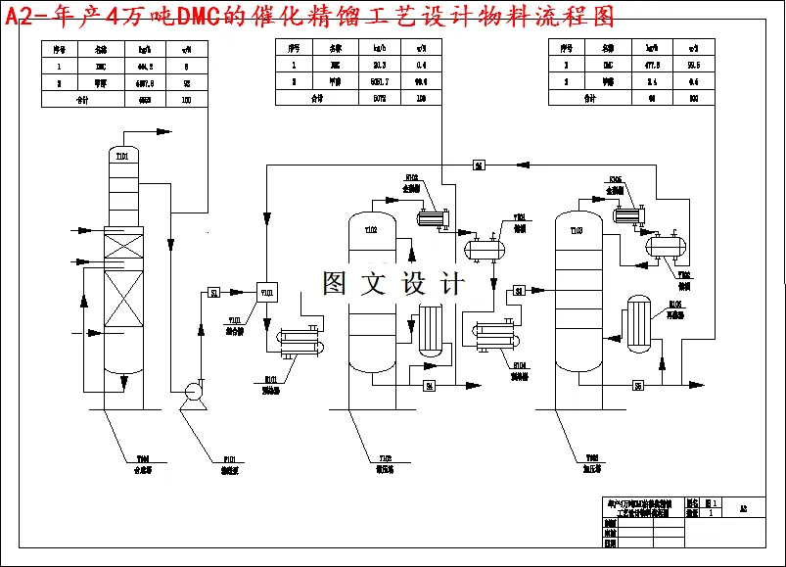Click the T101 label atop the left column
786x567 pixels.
(122, 155)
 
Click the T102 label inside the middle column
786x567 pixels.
(371, 231)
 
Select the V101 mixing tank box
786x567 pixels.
(267, 291)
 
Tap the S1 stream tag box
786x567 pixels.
(214, 292)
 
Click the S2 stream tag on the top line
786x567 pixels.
(479, 165)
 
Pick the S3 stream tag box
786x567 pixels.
(520, 290)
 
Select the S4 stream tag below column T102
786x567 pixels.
(429, 386)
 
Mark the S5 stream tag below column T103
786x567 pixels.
(638, 386)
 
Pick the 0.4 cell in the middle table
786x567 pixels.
(422, 65)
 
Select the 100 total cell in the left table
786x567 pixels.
(186, 99)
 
